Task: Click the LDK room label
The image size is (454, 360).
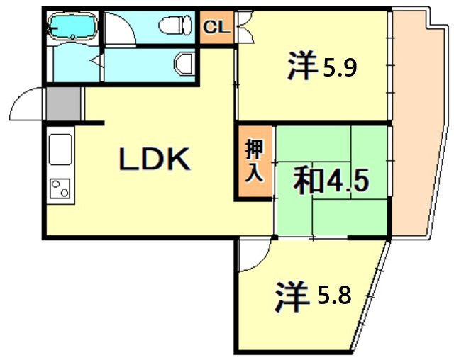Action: click(x=155, y=158)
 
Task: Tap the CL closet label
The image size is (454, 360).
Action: click(x=216, y=27)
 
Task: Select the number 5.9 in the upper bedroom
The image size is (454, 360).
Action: click(x=340, y=69)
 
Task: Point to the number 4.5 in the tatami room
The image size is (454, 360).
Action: click(x=348, y=181)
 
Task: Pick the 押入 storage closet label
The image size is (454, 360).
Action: click(x=255, y=161)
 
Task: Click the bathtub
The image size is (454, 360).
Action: click(x=72, y=26)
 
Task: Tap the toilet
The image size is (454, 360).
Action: click(x=175, y=25)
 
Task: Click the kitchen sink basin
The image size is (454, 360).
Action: click(x=60, y=150)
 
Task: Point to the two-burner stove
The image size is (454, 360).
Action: click(x=60, y=189)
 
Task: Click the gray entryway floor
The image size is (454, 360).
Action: click(x=63, y=103)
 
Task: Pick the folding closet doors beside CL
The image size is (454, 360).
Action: click(x=246, y=27)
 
